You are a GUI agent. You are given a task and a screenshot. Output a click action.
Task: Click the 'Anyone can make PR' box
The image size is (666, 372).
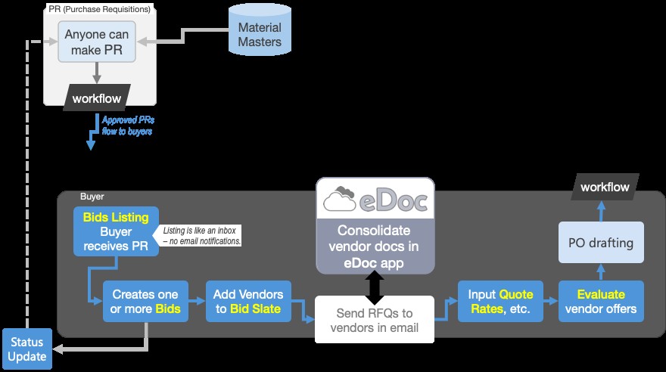click(97, 42)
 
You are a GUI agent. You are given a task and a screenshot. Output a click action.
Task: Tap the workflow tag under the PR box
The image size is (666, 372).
click(97, 98)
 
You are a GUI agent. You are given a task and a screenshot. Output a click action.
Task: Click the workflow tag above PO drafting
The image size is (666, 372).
click(605, 187)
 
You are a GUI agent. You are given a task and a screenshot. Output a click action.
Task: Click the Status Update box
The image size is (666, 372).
click(26, 349)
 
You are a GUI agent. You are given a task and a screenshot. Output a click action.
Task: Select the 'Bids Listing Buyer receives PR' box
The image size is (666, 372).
click(116, 231)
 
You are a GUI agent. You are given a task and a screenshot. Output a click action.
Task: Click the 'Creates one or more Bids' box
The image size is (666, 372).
click(145, 301)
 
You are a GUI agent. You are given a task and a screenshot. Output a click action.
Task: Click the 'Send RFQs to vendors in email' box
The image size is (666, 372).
click(374, 319)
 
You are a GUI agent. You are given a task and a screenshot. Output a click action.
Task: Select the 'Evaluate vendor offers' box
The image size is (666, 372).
click(601, 301)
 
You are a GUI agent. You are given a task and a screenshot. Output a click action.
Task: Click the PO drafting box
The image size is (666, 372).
click(601, 243)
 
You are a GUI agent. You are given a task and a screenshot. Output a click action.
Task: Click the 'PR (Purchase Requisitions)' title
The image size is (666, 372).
click(99, 10)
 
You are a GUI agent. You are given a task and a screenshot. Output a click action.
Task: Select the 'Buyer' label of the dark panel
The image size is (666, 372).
click(92, 197)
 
